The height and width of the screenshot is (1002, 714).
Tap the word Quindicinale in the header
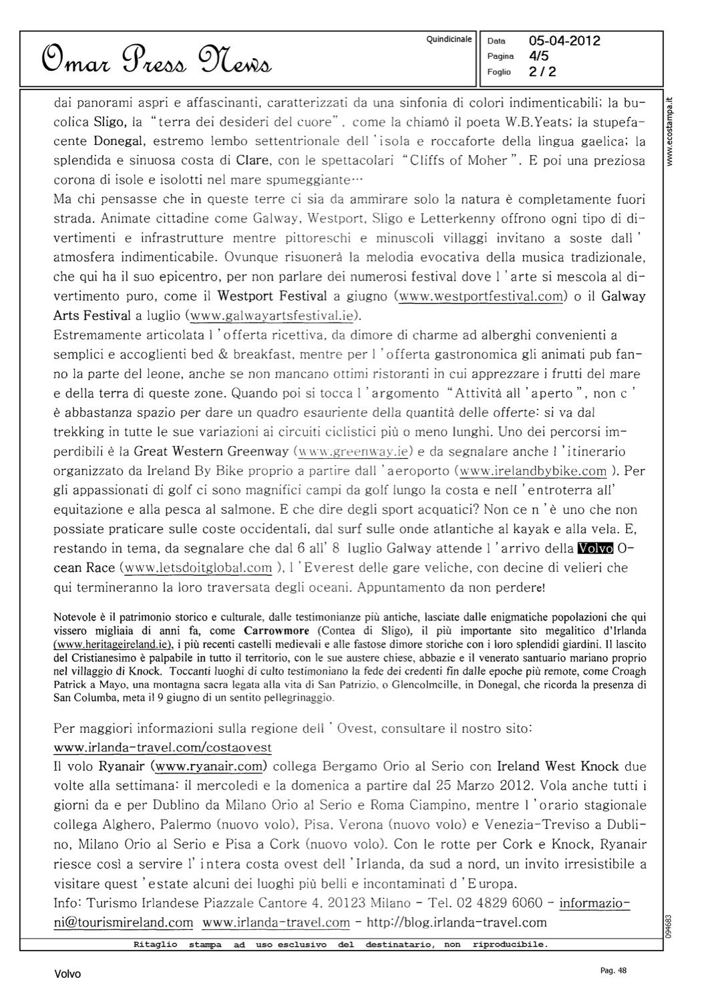(x=449, y=39)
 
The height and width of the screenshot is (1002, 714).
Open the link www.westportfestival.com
(x=481, y=296)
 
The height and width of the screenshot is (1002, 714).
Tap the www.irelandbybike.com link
(x=533, y=471)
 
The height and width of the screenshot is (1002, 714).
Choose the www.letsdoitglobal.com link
(x=198, y=568)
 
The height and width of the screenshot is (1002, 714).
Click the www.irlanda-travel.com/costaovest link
(x=162, y=747)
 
